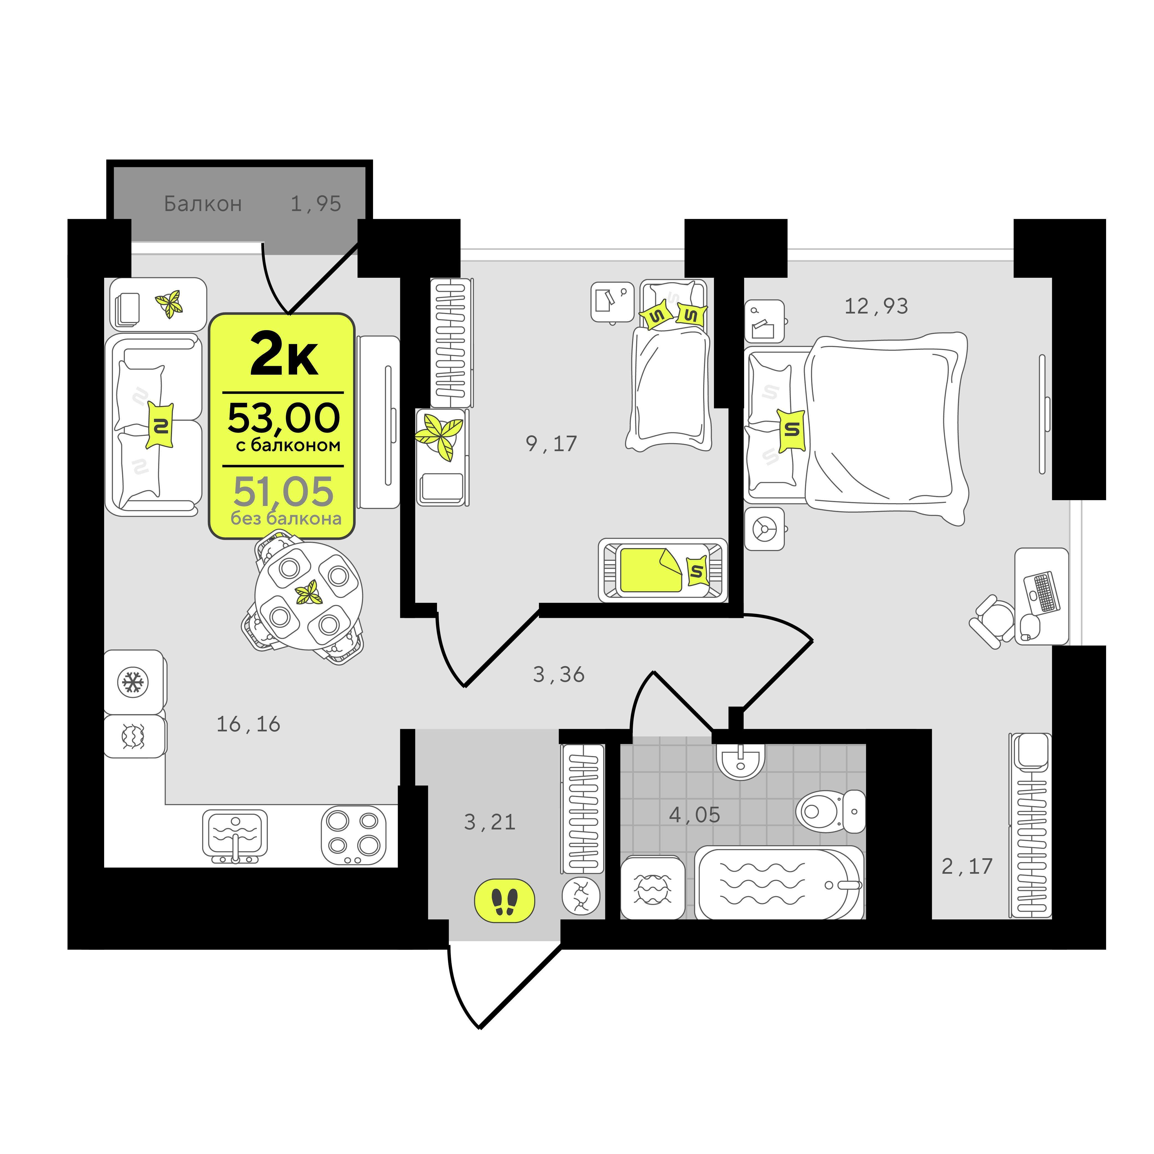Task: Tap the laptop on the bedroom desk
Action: point(1042,592)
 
